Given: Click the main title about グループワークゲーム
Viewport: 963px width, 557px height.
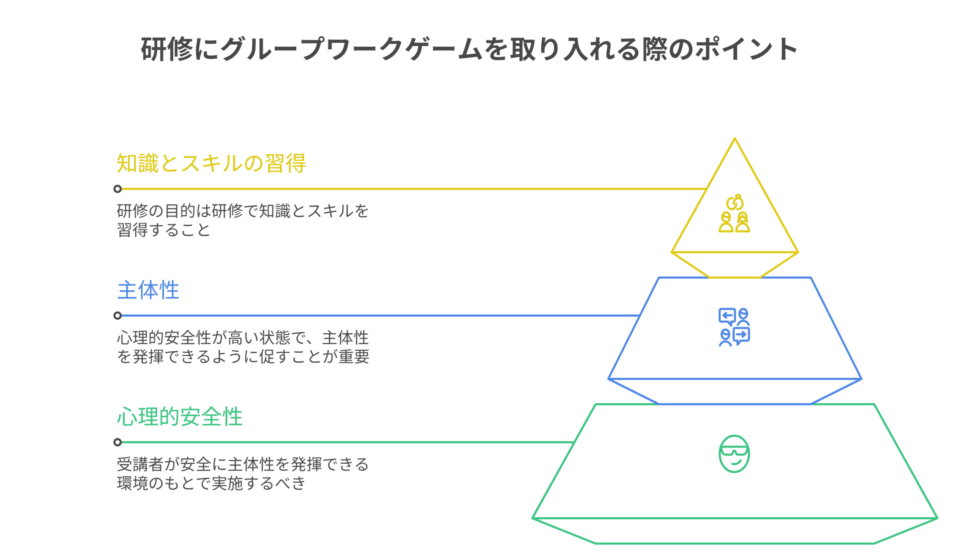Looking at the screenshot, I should pyautogui.click(x=468, y=49).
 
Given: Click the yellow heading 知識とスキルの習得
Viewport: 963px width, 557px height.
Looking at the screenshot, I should pyautogui.click(x=211, y=163).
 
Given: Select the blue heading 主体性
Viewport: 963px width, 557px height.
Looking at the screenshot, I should pyautogui.click(x=148, y=290).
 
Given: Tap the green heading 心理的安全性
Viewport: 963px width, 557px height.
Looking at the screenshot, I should pyautogui.click(x=179, y=416).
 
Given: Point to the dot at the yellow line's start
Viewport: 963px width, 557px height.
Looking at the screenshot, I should pyautogui.click(x=118, y=189).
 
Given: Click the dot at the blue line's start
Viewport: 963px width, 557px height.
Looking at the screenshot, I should pyautogui.click(x=118, y=315).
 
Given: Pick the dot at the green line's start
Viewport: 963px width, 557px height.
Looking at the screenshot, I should pyautogui.click(x=118, y=442).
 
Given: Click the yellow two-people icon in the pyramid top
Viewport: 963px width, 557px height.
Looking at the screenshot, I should pyautogui.click(x=734, y=222).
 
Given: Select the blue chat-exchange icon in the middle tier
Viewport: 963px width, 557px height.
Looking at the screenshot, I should pyautogui.click(x=734, y=327).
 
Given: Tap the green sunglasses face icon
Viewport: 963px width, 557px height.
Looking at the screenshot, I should pyautogui.click(x=734, y=454).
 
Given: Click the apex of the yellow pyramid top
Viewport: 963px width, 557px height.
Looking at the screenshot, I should pyautogui.click(x=735, y=139).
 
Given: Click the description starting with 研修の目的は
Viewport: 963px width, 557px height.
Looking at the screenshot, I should pyautogui.click(x=242, y=221).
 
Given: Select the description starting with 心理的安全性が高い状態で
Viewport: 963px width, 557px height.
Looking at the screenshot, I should pyautogui.click(x=243, y=347).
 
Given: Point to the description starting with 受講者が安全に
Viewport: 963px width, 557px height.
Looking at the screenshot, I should pyautogui.click(x=242, y=474).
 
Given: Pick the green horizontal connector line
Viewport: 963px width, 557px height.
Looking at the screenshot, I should pyautogui.click(x=344, y=442).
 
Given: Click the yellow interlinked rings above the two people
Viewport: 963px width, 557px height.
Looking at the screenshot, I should pyautogui.click(x=735, y=202).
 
